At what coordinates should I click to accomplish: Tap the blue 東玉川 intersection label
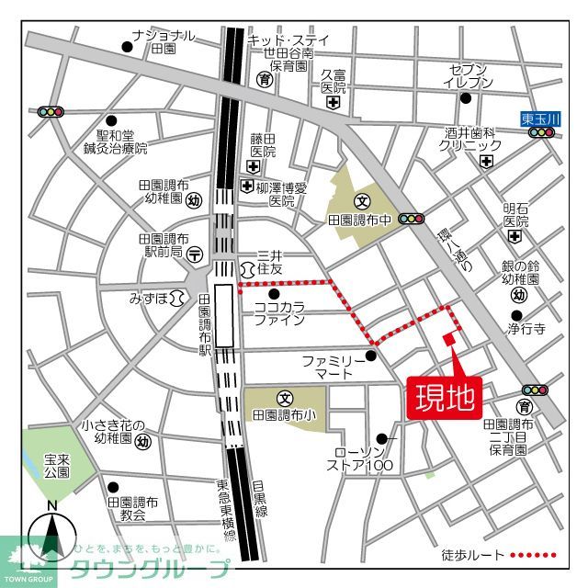point(539,118)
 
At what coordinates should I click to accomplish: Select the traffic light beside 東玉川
point(543,133)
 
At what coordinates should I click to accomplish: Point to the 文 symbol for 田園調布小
point(285,399)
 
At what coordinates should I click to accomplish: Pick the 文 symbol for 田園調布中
point(362,201)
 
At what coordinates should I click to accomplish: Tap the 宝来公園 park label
point(57,464)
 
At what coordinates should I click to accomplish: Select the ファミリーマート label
point(334,367)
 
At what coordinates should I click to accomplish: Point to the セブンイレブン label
point(471,76)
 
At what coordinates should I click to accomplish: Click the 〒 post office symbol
point(194,254)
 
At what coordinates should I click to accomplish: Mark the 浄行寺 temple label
point(527,327)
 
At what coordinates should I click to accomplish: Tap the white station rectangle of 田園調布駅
point(223,315)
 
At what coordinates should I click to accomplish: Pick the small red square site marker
point(448,339)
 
